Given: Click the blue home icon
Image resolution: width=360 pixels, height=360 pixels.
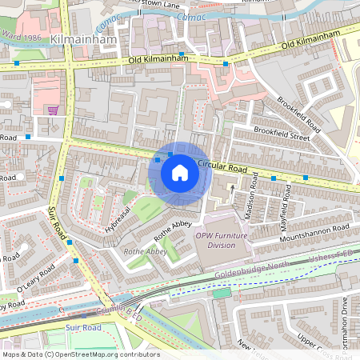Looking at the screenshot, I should point(180,172).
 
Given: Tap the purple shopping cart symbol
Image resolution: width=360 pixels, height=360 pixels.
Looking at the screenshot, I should point(53,110).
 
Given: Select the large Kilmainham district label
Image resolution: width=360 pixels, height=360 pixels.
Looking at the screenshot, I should point(84,38).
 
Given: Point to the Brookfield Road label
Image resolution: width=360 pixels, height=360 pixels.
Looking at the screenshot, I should point(300,115).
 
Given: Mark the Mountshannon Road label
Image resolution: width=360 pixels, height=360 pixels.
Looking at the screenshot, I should point(317,233).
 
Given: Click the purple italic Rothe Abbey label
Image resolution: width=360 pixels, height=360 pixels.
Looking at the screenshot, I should point(145,251).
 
